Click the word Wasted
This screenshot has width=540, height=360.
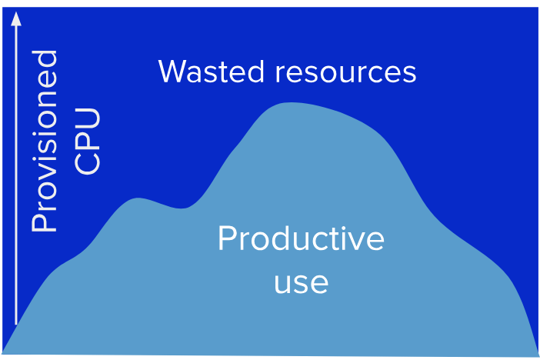click(211, 72)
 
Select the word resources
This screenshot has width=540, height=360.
click(345, 73)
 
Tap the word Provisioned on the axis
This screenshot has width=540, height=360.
click(44, 142)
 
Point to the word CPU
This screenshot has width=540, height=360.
click(87, 142)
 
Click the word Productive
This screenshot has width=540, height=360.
click(301, 238)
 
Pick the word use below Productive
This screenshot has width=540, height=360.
click(301, 283)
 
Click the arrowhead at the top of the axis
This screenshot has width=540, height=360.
click(16, 19)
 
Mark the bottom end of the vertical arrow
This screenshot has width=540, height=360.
click(16, 324)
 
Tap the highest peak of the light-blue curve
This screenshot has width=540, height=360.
click(291, 102)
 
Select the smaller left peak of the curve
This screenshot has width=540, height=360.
click(138, 198)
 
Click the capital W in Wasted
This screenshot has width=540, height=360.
click(174, 72)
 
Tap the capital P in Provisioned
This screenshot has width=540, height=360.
click(44, 222)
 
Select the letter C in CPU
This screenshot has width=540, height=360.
click(87, 164)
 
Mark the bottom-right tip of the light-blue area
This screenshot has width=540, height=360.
click(538, 356)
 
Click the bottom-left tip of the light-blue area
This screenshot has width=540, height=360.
click(2, 353)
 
